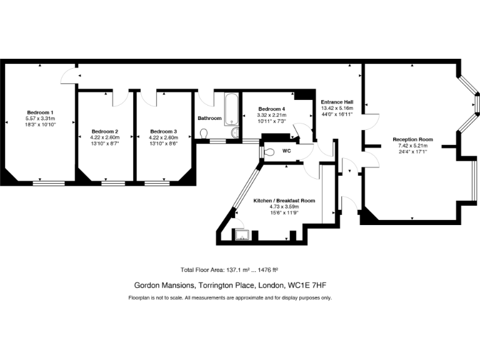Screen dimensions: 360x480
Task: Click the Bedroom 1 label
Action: tap(40, 112)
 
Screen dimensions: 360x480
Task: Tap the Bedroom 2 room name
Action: tap(100, 131)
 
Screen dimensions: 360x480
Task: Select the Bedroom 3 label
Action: tap(163, 131)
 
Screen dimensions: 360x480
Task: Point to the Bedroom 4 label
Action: tap(272, 109)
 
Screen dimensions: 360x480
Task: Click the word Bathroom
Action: tap(209, 118)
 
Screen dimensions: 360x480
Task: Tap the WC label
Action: tap(287, 151)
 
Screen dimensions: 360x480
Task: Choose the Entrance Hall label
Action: tap(337, 102)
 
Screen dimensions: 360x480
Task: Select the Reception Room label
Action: tap(412, 139)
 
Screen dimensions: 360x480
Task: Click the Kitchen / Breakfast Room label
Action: tap(284, 201)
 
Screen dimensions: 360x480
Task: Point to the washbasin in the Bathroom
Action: tap(234, 132)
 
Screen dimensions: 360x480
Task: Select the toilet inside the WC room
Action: tap(268, 151)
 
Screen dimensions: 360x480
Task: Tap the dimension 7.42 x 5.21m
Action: tap(412, 146)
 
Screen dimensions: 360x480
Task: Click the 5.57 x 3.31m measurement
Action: tap(40, 119)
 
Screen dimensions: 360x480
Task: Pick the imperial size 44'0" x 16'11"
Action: tap(337, 115)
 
